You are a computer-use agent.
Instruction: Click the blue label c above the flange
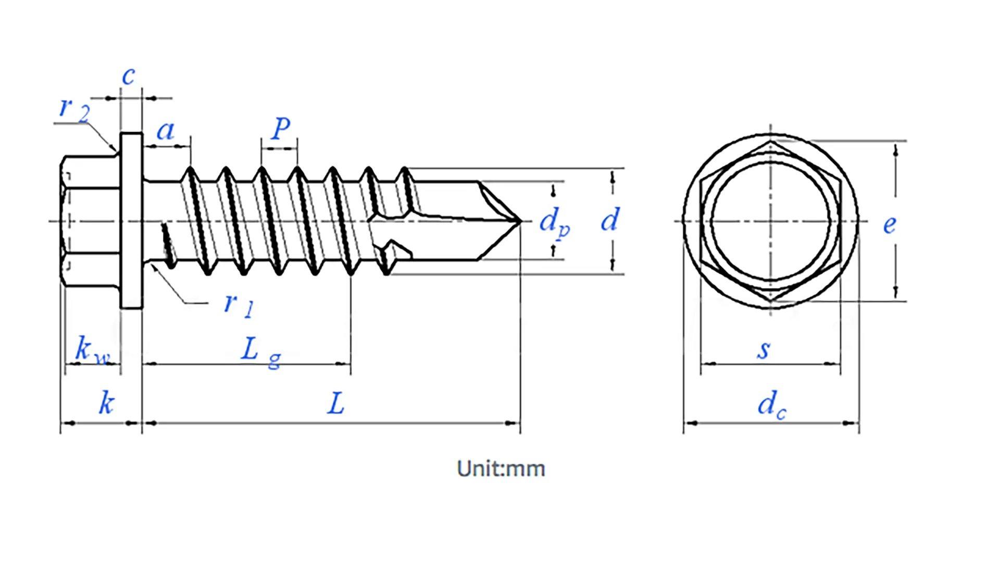tap(129, 76)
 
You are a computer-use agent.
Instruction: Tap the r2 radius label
tap(73, 108)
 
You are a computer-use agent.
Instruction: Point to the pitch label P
tap(281, 128)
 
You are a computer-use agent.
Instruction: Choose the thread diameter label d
tap(610, 220)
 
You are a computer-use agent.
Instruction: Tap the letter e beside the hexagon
tap(890, 224)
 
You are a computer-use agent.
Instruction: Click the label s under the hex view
tap(764, 349)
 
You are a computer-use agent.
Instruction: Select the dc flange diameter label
tap(771, 404)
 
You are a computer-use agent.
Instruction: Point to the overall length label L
tap(336, 403)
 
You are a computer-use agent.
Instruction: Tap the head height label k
tap(106, 403)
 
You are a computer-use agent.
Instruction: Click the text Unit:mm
tap(501, 469)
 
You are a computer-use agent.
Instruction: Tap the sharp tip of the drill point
tap(520, 221)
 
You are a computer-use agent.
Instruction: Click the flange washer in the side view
tap(131, 221)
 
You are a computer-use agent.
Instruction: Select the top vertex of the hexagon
tap(771, 141)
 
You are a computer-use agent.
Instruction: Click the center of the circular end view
tap(771, 221)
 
